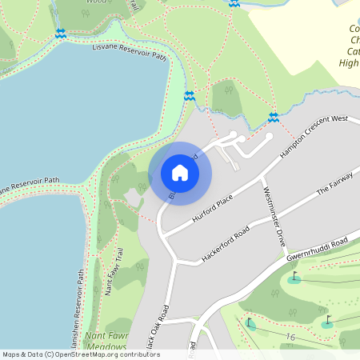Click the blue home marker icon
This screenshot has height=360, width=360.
[180, 173]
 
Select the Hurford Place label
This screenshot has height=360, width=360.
[214, 207]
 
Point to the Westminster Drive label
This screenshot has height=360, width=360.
[274, 214]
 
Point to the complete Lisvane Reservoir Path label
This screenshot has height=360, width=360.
[129, 53]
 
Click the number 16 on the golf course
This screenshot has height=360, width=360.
[290, 338]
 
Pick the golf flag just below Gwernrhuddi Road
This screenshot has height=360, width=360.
[294, 278]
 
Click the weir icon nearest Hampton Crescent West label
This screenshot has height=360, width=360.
[273, 117]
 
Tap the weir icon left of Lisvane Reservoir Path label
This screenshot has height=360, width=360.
[61, 33]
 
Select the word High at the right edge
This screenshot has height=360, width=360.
[349, 62]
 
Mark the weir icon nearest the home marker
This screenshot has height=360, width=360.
[190, 96]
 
